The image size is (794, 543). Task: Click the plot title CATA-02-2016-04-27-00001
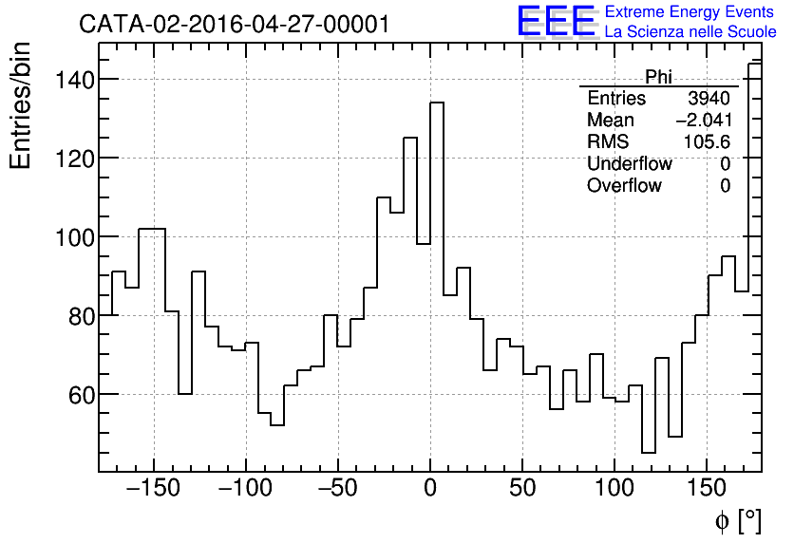[234, 24]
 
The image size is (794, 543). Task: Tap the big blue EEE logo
[556, 22]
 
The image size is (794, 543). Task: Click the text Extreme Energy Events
[690, 12]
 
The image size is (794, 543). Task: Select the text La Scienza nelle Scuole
[690, 32]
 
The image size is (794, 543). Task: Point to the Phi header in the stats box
[658, 77]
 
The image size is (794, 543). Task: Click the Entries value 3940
[709, 99]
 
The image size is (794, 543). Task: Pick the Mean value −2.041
[703, 121]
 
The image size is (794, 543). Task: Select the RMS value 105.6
[707, 142]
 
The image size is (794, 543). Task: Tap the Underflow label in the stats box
[629, 164]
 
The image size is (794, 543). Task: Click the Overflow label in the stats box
[624, 186]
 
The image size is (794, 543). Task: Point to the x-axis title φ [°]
[737, 520]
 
